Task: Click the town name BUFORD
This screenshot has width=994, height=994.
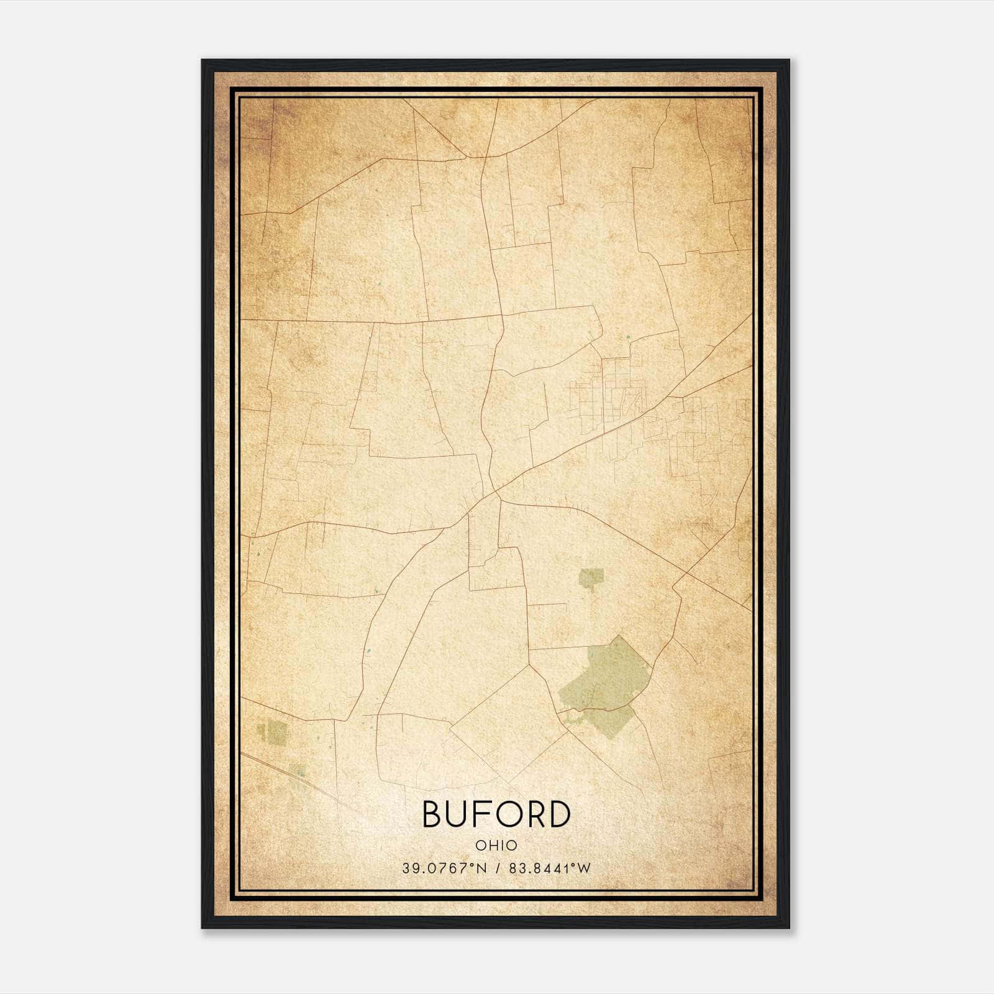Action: pos(496,814)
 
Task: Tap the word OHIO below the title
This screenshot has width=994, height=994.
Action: pos(496,846)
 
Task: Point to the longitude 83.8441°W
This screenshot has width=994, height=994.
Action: pos(549,869)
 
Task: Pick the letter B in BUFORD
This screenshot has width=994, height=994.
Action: pos(433,814)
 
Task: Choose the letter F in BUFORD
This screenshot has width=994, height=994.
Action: pos(483,814)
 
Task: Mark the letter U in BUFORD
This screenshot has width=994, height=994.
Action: pos(458,814)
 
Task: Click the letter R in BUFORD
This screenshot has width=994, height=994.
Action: pos(534,814)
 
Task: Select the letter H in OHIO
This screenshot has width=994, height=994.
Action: pos(491,846)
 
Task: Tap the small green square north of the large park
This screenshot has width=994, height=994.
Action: pos(591,577)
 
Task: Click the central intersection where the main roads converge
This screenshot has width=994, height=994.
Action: pos(496,494)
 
